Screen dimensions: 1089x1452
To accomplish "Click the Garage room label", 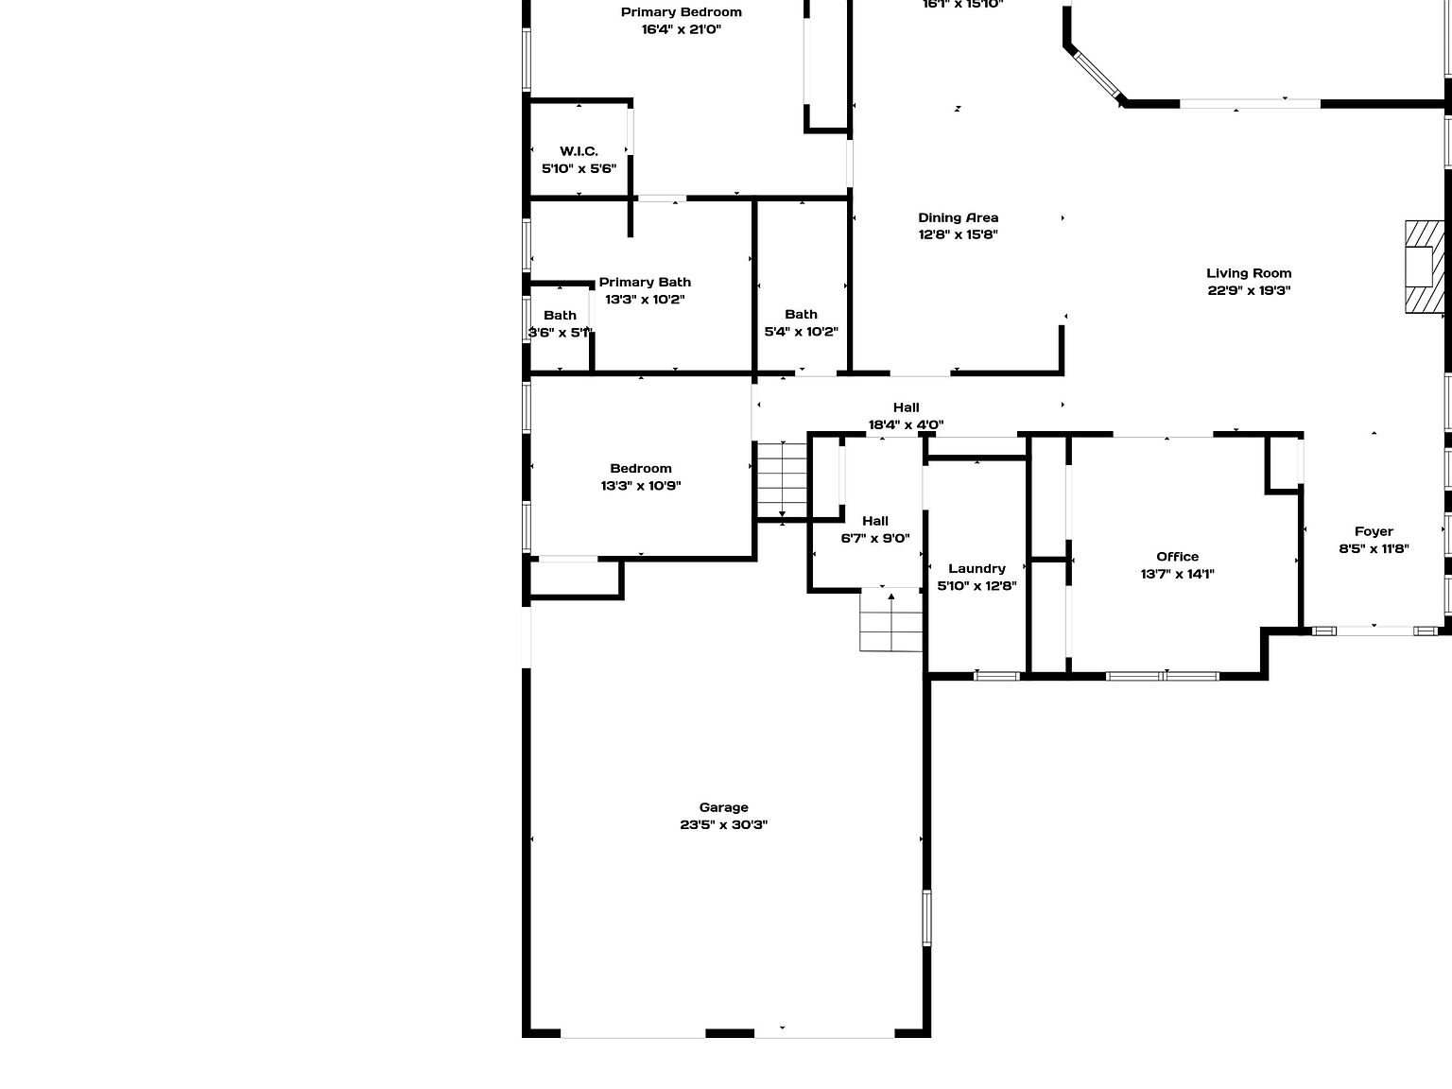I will pos(723,807).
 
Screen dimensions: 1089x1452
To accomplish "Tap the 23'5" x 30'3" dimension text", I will pos(723,824).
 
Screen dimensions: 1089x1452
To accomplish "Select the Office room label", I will pos(1177,557).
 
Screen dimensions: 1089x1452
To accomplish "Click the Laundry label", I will pos(977,568).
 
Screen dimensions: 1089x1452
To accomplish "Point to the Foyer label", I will pos(1374,531).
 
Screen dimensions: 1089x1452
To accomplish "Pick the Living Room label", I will pos(1249,273).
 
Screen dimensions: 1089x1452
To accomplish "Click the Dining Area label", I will pos(958,217).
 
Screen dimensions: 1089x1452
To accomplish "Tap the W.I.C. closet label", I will pos(579,151).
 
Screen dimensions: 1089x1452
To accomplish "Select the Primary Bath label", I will pos(645,282).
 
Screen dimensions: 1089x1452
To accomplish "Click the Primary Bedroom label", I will pos(681,12).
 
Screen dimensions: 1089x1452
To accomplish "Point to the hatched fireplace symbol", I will pos(1424,267).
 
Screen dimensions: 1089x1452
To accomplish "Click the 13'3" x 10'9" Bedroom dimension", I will pos(641,486).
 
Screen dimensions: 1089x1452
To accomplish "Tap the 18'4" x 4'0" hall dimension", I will pos(906,425).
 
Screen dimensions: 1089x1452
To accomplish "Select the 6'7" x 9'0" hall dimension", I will pos(875,539).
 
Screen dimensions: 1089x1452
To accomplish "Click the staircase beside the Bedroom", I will pos(782,480).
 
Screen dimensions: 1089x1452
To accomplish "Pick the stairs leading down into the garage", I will pos(890,619).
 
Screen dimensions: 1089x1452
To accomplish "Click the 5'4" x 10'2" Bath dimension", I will pos(801,332).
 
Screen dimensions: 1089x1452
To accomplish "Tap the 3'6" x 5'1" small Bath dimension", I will pos(560,333).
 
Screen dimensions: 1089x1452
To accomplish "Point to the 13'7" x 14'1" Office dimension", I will pos(1177,574).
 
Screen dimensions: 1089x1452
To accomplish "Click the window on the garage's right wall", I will pos(926,917).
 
